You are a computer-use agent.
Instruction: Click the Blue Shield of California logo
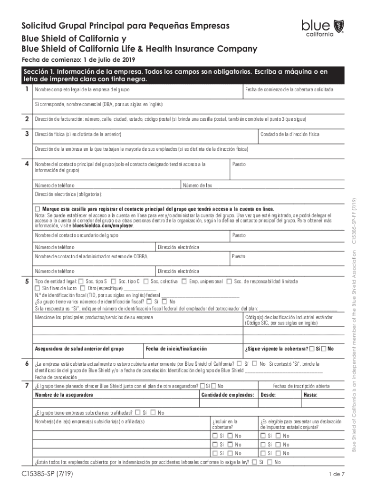point(316,28)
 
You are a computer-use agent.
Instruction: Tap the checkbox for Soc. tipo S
point(81,282)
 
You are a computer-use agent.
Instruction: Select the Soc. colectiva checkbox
point(146,282)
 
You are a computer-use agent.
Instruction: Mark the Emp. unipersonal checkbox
point(183,282)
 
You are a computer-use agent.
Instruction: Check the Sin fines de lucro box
point(38,288)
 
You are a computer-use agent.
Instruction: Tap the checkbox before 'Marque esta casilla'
point(38,209)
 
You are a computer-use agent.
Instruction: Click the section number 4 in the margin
point(27,164)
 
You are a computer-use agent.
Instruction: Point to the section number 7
point(27,385)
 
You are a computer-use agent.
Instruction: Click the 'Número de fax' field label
point(197,185)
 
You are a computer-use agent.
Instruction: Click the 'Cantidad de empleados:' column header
point(227,395)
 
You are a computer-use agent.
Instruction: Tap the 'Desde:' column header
point(269,395)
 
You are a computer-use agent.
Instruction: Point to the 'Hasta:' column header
point(311,395)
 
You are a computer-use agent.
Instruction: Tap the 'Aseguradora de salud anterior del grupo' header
point(79,349)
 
